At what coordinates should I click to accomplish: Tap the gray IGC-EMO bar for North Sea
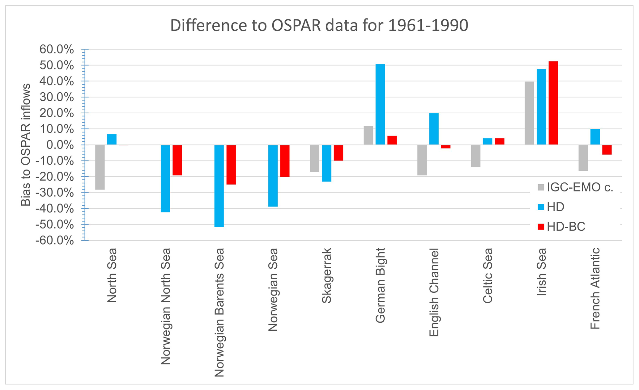click(100, 167)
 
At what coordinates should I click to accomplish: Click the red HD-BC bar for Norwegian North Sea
click(177, 160)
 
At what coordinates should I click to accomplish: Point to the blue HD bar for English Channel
click(434, 129)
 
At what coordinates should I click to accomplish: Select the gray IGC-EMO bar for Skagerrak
click(315, 158)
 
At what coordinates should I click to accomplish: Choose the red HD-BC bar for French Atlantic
click(607, 150)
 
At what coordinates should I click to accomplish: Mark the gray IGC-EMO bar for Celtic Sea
click(476, 156)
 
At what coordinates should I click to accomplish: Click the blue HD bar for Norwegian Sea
click(273, 175)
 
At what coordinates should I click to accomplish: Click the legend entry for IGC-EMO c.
click(575, 187)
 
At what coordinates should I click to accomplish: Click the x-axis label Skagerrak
click(326, 275)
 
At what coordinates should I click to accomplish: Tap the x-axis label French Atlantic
click(595, 288)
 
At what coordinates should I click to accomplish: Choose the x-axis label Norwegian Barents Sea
click(219, 312)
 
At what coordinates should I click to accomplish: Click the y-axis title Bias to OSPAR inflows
click(26, 145)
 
